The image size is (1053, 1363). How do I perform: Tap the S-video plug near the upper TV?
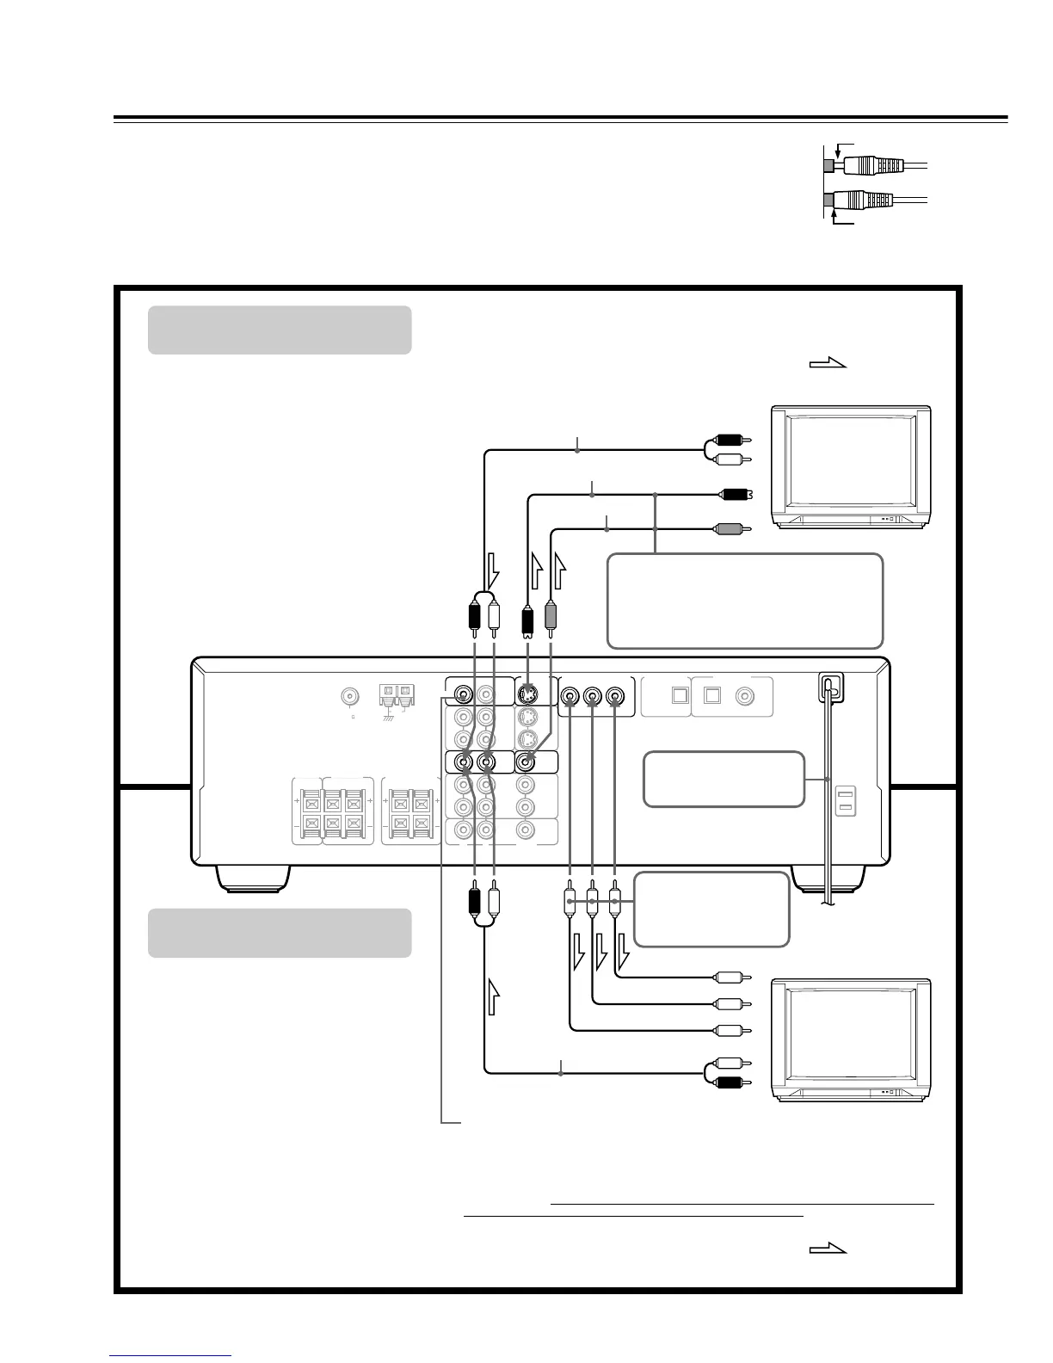click(x=734, y=495)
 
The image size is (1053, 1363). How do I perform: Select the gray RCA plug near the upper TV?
click(x=730, y=529)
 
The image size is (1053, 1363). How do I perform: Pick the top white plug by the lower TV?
click(x=730, y=978)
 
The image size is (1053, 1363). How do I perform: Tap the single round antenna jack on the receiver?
click(x=351, y=695)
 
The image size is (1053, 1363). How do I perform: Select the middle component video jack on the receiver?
click(x=592, y=695)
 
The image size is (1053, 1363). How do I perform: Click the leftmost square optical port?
click(x=680, y=696)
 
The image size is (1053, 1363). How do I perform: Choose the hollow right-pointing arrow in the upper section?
click(x=828, y=364)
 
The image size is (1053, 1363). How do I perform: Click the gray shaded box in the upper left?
click(x=279, y=330)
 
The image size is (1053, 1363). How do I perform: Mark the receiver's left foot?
click(x=252, y=877)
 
